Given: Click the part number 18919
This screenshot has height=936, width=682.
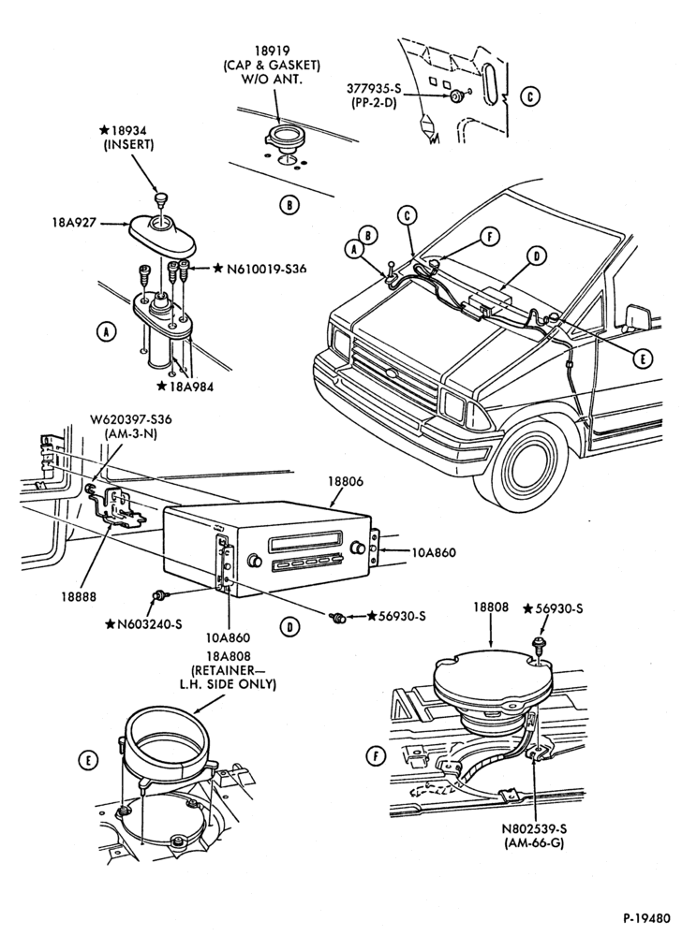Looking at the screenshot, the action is coord(272,51).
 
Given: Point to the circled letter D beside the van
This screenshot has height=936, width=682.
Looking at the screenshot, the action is coord(537,256).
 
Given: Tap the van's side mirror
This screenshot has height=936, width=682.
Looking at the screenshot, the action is coord(638,317).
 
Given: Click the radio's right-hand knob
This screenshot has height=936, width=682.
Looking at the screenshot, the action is coord(360,548).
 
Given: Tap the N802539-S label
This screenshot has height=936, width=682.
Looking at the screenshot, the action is coord(534,829).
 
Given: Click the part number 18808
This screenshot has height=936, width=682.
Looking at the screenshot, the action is coord(491,607).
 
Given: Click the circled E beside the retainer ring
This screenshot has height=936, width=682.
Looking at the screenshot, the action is coord(88,760).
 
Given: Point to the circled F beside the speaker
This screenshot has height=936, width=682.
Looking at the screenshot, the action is coord(375,756).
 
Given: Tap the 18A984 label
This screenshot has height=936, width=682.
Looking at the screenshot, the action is coord(190,387).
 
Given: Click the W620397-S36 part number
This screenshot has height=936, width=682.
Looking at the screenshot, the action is coord(131,419).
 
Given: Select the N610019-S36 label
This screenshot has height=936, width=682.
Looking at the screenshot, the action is coord(265,269).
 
